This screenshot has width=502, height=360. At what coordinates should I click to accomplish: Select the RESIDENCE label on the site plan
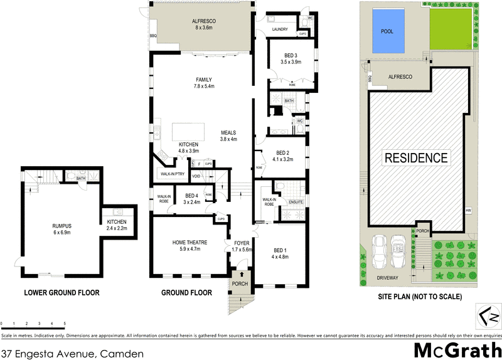(x=417, y=157)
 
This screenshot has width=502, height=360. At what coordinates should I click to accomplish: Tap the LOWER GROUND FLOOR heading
(x=62, y=292)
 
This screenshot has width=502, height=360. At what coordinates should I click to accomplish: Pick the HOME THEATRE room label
(x=190, y=242)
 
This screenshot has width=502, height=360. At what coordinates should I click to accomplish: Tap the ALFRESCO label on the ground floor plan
(x=205, y=21)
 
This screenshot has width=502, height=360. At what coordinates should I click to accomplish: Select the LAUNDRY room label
(x=279, y=29)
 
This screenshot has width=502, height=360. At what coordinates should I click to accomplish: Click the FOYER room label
(x=242, y=243)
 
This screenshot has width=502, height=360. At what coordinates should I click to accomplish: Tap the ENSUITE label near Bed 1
(x=296, y=202)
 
